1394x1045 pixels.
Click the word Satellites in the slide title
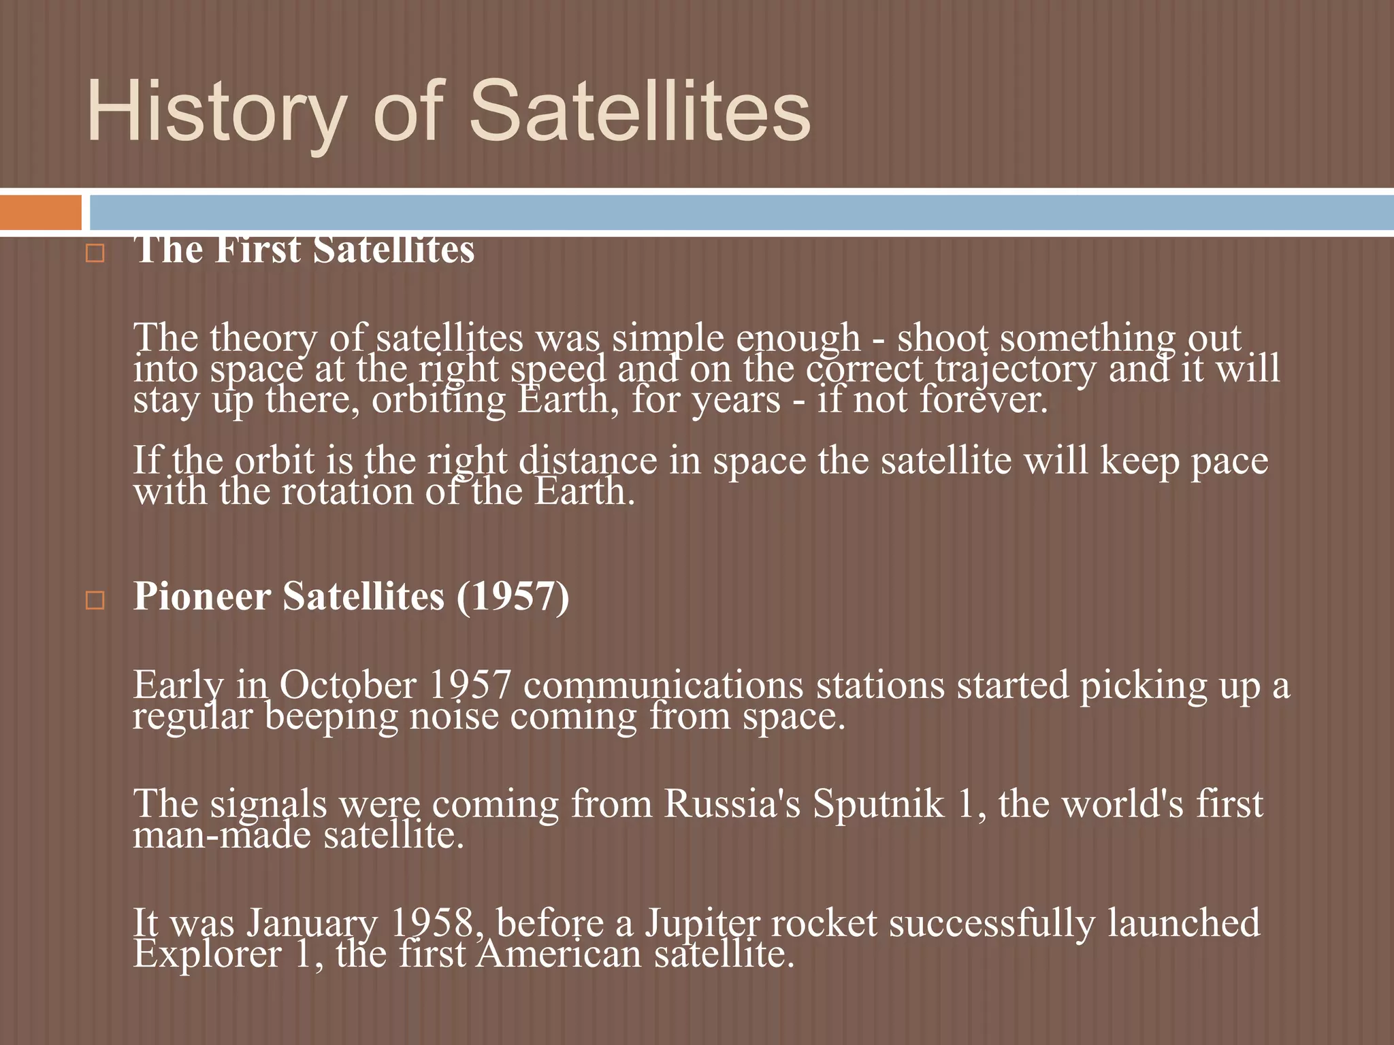click(640, 111)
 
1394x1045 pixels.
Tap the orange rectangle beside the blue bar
click(40, 212)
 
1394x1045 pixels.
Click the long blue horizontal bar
click(741, 212)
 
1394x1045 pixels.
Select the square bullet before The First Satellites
click(95, 254)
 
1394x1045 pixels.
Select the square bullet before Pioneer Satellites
click(95, 600)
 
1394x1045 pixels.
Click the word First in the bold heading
click(258, 250)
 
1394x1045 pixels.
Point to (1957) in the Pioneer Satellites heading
click(513, 597)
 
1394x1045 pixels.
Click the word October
click(347, 685)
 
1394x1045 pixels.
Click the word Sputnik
click(879, 805)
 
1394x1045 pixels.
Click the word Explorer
click(207, 955)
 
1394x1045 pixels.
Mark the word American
click(559, 955)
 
